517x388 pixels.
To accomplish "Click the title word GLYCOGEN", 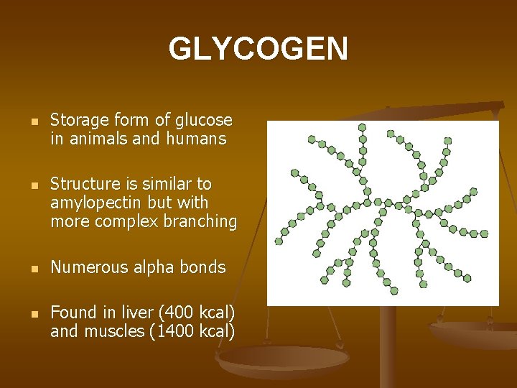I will coord(258,49).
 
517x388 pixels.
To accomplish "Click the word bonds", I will coord(204,268).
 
